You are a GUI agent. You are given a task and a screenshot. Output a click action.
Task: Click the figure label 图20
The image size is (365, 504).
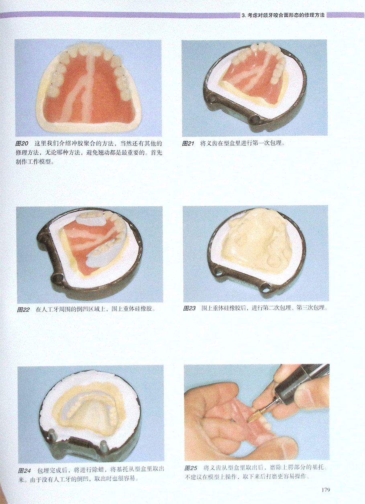coord(22,144)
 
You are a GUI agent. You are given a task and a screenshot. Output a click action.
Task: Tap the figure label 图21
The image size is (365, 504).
coord(188,143)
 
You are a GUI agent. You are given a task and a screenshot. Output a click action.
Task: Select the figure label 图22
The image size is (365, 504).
coord(23,310)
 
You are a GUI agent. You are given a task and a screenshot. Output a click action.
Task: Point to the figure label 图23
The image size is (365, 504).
coord(190,308)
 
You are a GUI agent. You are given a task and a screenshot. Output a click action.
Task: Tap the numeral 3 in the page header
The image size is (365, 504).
coord(243,16)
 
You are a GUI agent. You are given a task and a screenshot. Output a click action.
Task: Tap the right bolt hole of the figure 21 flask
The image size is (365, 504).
coord(255,118)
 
